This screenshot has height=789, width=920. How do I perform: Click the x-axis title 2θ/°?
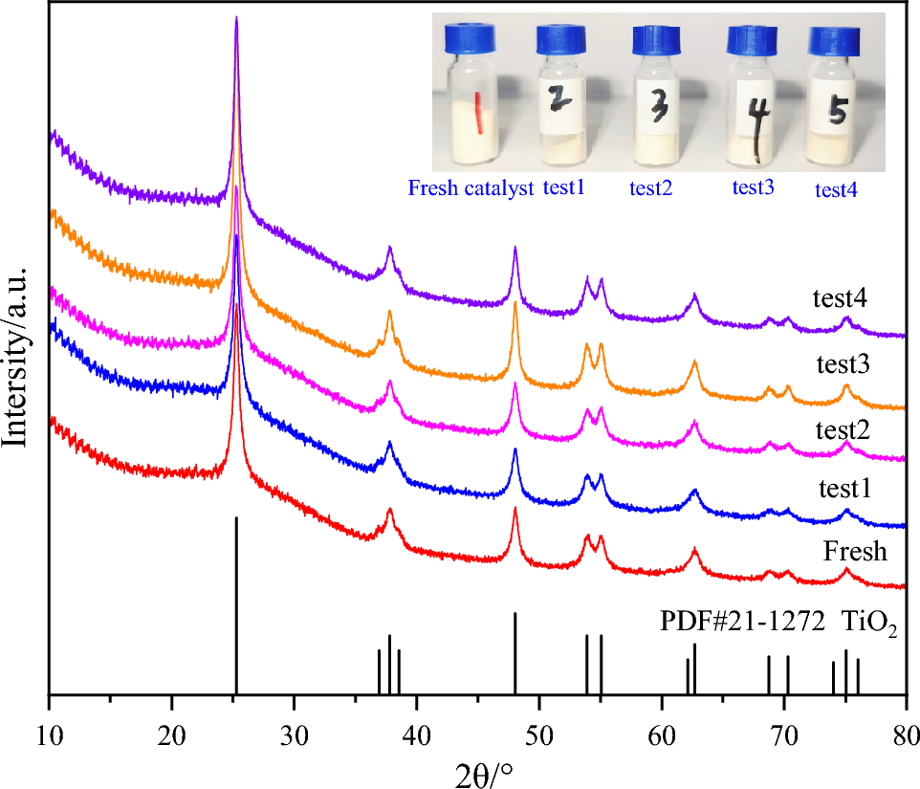pos(478,771)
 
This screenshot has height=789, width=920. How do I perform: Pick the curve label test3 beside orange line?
pos(843,364)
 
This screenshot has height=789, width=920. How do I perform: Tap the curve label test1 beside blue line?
pos(843,490)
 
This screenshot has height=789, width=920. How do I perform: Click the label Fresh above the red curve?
pos(854,552)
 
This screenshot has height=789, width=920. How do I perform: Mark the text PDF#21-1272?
pos(742,623)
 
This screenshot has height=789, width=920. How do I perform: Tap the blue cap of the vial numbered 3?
pos(655,39)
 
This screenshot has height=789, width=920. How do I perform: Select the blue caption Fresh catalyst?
pos(470,188)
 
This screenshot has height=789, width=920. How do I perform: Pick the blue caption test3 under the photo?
pos(753,188)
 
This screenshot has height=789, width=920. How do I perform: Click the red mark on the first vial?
pos(479,114)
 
